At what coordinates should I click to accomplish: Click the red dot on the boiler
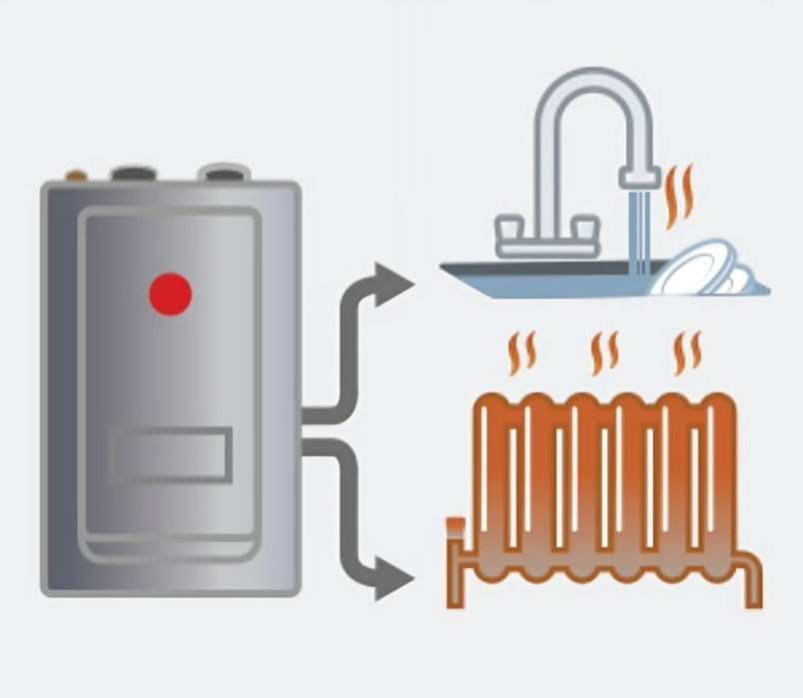[x=170, y=294]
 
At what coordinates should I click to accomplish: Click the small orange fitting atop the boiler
[x=76, y=177]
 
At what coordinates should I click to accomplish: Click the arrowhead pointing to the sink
[x=394, y=284]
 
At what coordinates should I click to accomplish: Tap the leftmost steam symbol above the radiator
[x=521, y=352]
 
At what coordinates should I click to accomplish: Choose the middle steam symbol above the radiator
[x=603, y=352]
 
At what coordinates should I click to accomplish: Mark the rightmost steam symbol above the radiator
[x=686, y=352]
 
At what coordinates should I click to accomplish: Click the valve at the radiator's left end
[x=454, y=527]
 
